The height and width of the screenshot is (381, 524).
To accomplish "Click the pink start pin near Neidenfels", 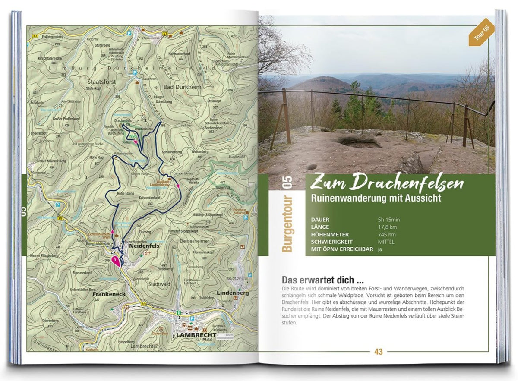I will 116,261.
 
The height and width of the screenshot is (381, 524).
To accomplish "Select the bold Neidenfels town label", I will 144,246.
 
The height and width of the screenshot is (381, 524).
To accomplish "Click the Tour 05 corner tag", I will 481,33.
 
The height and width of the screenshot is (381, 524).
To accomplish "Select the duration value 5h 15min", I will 389,220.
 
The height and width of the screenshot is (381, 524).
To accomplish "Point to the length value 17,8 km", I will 387,227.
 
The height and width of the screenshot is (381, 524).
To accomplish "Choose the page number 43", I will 379,352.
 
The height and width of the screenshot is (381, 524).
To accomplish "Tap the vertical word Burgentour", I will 287,224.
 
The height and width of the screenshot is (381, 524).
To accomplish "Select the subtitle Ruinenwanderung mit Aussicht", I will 376,198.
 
